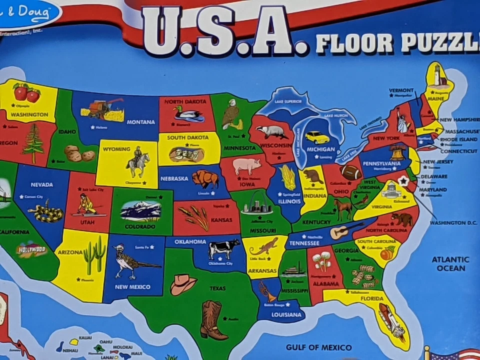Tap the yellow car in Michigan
tap(317, 137)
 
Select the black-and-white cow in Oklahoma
tap(224, 248)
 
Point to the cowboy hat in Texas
tap(183, 284)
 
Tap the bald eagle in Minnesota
tap(231, 114)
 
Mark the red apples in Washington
tap(26, 92)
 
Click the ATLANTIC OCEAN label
tap(450, 263)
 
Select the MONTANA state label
tap(140, 122)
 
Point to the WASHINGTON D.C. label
tap(453, 222)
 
